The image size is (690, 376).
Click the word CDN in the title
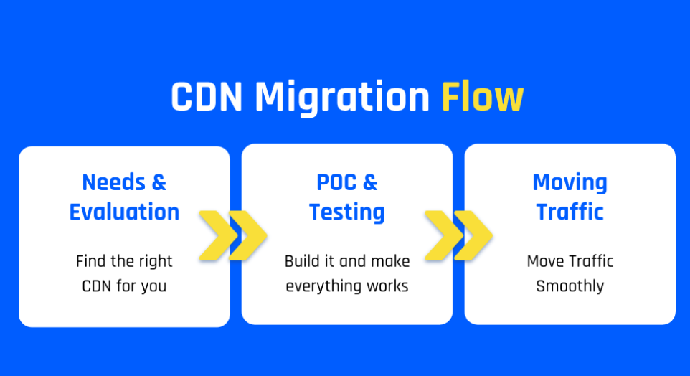tap(207, 96)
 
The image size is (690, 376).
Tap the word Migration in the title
tap(342, 98)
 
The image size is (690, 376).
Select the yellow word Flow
tap(483, 96)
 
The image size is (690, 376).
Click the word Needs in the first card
tap(113, 182)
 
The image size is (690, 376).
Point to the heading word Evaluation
tap(125, 212)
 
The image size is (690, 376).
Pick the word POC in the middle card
tap(336, 182)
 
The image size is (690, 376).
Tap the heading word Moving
tap(570, 183)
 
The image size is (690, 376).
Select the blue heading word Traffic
tap(570, 212)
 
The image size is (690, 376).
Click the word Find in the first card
tap(90, 261)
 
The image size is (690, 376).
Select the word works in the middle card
tap(388, 286)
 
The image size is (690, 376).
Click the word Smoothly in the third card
tap(570, 287)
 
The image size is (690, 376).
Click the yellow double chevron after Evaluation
tap(233, 235)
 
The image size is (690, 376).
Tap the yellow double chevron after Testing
tap(458, 235)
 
